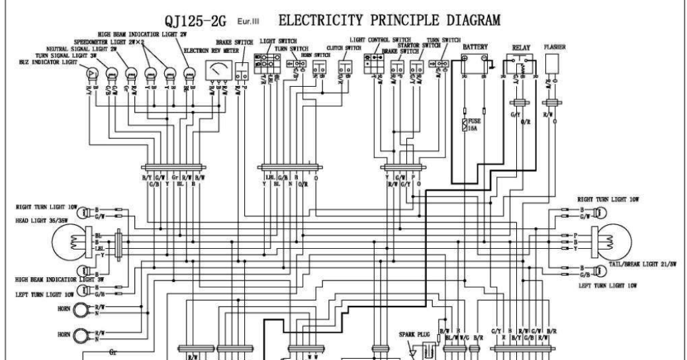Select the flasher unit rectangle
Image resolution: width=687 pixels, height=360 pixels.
pos(552,64)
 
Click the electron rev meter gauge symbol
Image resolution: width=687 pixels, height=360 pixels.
pos(217,69)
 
